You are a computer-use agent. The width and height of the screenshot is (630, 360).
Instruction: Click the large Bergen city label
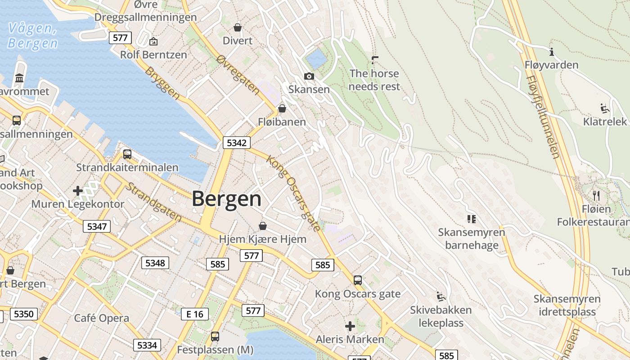pyautogui.click(x=227, y=199)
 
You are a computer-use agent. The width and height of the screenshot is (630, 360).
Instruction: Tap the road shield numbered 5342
pyautogui.click(x=237, y=143)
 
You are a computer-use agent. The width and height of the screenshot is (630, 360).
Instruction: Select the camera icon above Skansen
pyautogui.click(x=309, y=76)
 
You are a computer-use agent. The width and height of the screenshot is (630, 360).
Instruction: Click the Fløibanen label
pyautogui.click(x=282, y=122)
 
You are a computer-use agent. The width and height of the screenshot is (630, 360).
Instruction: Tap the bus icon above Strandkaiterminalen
pyautogui.click(x=127, y=154)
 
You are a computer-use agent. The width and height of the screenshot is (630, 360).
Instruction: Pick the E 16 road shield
pyautogui.click(x=195, y=314)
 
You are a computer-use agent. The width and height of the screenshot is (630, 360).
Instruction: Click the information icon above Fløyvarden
pyautogui.click(x=552, y=52)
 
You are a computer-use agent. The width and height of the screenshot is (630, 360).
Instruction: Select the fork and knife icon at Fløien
pyautogui.click(x=596, y=195)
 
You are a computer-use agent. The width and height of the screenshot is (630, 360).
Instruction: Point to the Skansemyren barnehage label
pyautogui.click(x=472, y=239)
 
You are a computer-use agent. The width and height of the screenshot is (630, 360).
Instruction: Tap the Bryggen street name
pyautogui.click(x=162, y=83)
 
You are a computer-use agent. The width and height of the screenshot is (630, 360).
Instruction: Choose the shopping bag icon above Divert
pyautogui.click(x=238, y=27)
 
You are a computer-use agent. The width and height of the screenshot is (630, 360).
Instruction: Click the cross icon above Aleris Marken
pyautogui.click(x=350, y=326)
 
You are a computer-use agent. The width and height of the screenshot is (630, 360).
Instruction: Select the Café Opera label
pyautogui.click(x=101, y=318)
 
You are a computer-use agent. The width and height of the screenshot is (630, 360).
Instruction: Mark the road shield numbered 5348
pyautogui.click(x=155, y=263)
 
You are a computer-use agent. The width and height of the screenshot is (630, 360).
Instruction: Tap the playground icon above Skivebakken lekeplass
pyautogui.click(x=441, y=297)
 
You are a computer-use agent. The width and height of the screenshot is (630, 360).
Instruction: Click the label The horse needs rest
pyautogui.click(x=374, y=80)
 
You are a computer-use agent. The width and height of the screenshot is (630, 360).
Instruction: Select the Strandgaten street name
pyautogui.click(x=153, y=202)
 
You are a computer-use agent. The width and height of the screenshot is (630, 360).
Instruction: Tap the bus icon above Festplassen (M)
pyautogui.click(x=215, y=336)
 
